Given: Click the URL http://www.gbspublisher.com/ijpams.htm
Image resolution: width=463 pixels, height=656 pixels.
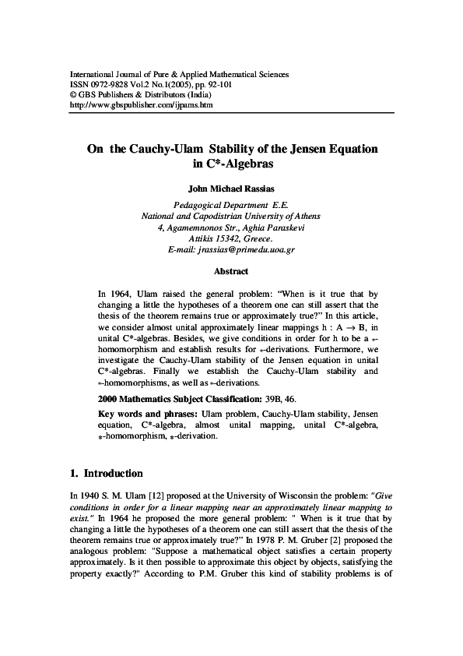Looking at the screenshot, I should click(x=142, y=104).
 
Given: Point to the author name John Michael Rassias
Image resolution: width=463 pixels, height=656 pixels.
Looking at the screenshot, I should click(x=232, y=188).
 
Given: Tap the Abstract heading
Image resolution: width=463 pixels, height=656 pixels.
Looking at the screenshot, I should click(x=231, y=271).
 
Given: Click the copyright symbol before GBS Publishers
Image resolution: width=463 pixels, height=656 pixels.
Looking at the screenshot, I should click(x=73, y=94).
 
